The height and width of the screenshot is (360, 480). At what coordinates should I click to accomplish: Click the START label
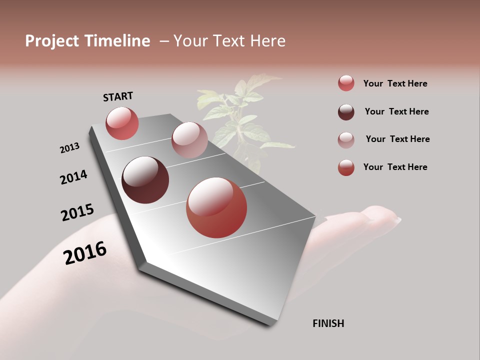(118, 96)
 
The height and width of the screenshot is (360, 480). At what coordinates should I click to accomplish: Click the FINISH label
(328, 323)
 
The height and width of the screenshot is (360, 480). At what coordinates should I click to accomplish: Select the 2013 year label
(69, 147)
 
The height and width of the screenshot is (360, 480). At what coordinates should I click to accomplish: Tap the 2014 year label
(73, 177)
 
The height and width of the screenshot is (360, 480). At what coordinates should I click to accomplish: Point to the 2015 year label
(77, 212)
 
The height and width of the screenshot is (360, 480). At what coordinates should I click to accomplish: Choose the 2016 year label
(85, 252)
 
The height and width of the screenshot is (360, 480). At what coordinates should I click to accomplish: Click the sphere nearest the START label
(122, 123)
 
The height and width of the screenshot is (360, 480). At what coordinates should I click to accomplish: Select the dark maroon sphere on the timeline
(145, 180)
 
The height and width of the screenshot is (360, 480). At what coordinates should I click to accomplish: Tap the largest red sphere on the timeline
(216, 207)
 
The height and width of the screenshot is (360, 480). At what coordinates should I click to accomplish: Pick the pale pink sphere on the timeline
(189, 140)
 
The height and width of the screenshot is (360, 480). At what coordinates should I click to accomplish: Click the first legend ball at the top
(346, 83)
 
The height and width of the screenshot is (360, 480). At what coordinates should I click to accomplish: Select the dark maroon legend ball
(346, 111)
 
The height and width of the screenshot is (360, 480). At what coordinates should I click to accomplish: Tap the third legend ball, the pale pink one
(346, 139)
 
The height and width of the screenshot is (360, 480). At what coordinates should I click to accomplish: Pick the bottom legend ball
(346, 167)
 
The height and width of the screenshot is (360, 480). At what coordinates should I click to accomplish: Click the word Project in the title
(52, 41)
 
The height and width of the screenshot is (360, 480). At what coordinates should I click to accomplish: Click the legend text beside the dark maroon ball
(396, 111)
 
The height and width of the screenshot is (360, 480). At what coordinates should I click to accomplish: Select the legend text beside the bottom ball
(395, 167)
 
